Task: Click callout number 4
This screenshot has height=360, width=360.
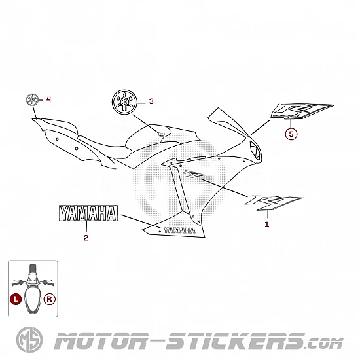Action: click(48, 99)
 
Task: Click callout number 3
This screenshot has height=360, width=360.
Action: click(151, 101)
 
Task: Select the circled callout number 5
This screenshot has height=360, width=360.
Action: click(291, 134)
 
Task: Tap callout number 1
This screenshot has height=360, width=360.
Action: click(267, 225)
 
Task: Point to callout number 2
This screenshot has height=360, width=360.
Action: click(86, 238)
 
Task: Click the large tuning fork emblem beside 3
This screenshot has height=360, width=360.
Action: click(124, 102)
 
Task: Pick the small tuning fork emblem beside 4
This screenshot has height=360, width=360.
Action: click(32, 100)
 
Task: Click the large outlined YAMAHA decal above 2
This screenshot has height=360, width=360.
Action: click(88, 213)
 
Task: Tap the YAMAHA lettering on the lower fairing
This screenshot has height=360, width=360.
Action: click(179, 230)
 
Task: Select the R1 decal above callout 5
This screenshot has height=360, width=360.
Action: click(301, 111)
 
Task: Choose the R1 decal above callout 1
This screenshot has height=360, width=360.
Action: click(273, 202)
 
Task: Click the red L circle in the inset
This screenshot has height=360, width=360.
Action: click(16, 299)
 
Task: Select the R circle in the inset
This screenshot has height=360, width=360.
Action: click(50, 299)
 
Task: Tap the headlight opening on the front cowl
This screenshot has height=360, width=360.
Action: click(255, 151)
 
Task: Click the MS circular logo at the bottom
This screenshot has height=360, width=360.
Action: click(29, 340)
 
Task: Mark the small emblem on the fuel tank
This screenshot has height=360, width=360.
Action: click(161, 134)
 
